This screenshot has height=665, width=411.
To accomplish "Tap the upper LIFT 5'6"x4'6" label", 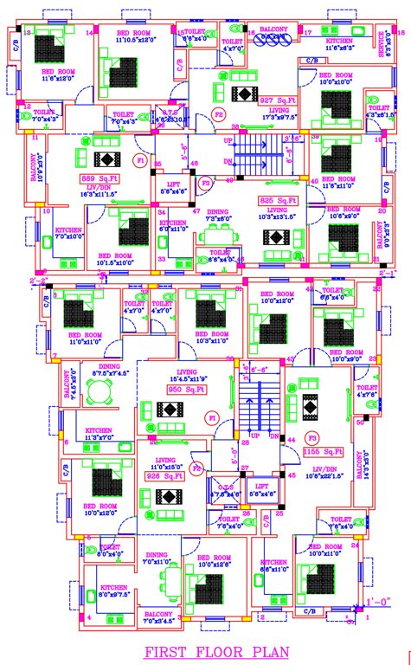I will (180, 189).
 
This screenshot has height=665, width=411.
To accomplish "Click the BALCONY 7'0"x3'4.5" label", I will (158, 616).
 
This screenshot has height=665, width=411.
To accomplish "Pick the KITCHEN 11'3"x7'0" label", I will (98, 434).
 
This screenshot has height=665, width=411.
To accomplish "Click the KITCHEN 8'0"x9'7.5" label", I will (111, 592).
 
